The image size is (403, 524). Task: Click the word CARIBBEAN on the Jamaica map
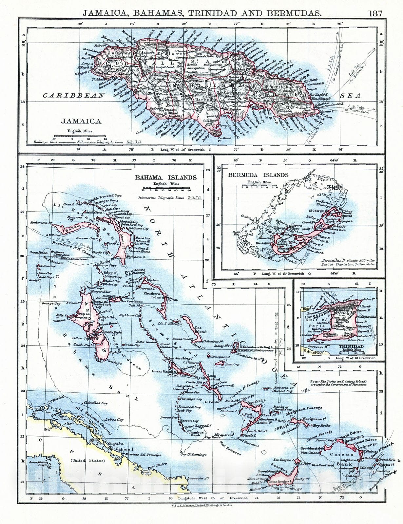[74, 96]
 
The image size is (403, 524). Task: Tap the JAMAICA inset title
[81, 122]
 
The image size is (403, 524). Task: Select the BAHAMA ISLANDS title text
[166, 178]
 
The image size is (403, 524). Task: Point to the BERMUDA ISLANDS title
[258, 175]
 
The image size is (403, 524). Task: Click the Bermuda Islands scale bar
[259, 186]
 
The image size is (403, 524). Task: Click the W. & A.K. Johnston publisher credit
[201, 506]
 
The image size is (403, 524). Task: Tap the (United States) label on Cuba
[88, 460]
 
